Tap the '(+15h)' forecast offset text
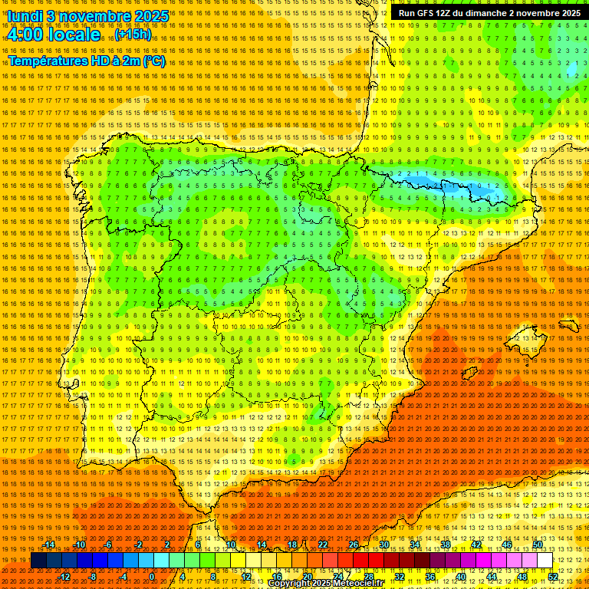pos(133,35)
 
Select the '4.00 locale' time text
pos(54,35)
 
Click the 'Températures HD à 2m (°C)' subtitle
pos(86,61)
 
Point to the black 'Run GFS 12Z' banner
pos(489,13)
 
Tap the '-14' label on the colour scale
pos(49,545)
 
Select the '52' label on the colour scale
pos(553,577)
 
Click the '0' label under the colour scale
pos(152,577)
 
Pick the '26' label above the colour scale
pos(354,545)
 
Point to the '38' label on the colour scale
pos(445,545)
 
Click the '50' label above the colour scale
pos(538,545)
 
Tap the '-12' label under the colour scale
pos(64,577)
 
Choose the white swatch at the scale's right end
pos(545,561)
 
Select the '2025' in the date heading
pos(153,16)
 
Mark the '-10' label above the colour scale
pos(79,545)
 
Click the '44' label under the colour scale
pos(492,577)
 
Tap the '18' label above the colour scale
pos(292,545)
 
